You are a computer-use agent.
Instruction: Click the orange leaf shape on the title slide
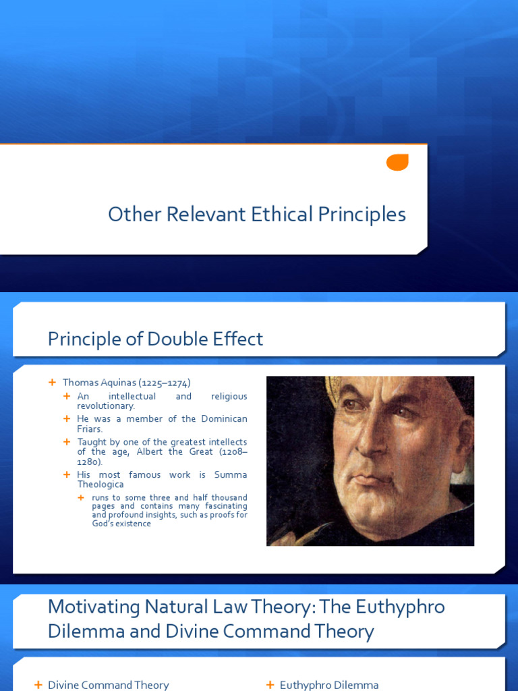click(x=397, y=162)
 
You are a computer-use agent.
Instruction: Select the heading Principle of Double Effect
click(x=155, y=339)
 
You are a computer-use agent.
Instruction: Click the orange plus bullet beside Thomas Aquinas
click(x=52, y=383)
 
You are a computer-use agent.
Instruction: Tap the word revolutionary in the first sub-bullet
click(x=106, y=406)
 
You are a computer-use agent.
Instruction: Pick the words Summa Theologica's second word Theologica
click(x=100, y=485)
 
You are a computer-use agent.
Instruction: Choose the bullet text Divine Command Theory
click(x=109, y=685)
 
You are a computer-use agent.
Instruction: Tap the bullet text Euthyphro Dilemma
click(x=329, y=685)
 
